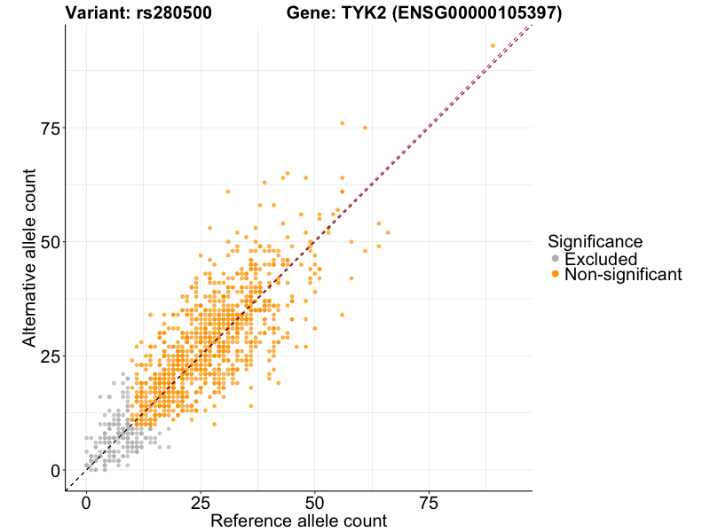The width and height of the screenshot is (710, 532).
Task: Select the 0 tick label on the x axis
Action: (86, 503)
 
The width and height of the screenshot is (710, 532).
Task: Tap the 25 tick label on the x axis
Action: (201, 503)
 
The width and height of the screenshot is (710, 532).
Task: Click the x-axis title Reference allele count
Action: (298, 521)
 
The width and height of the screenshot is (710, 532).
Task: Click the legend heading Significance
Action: (595, 241)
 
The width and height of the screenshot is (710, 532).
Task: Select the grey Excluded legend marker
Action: (556, 259)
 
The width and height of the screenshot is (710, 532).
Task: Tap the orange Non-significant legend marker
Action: (556, 275)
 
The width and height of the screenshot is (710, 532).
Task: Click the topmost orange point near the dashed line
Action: (493, 46)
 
